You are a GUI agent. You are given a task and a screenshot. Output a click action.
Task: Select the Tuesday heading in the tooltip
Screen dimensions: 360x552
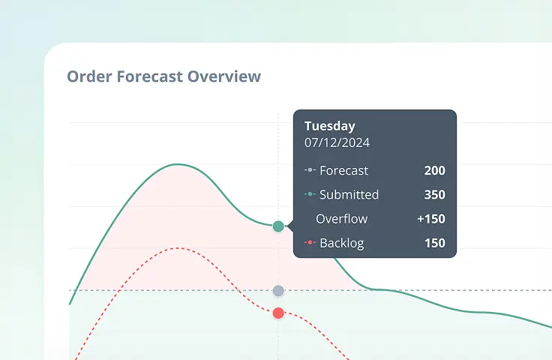click(x=329, y=126)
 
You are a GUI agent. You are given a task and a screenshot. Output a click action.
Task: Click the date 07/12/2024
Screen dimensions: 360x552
click(x=337, y=142)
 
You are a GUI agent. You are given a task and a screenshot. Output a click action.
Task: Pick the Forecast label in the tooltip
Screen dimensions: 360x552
click(x=343, y=170)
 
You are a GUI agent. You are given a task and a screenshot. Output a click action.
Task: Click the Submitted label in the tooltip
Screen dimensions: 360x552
click(x=349, y=195)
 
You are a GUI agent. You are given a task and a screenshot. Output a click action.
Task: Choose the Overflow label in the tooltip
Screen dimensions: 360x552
click(x=341, y=219)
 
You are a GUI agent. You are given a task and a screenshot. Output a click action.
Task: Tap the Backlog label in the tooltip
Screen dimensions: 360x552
click(x=342, y=243)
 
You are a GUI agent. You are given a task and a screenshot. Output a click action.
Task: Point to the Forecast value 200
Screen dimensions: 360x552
click(x=434, y=170)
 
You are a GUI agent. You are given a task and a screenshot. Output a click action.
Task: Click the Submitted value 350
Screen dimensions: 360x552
click(x=434, y=195)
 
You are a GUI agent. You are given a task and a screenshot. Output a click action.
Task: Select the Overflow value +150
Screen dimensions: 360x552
click(x=431, y=219)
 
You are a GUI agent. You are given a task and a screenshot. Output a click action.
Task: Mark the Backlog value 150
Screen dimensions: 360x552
click(x=434, y=243)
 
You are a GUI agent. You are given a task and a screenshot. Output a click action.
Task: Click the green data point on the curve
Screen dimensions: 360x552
click(x=278, y=226)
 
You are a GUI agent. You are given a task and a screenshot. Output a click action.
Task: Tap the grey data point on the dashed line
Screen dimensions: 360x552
click(x=278, y=290)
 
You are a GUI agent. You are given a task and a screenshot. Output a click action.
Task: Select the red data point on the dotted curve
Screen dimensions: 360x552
click(x=278, y=313)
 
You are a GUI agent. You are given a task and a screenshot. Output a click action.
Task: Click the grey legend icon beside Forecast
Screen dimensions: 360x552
click(x=310, y=170)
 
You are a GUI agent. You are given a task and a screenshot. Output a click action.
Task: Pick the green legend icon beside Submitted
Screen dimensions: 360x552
click(x=310, y=195)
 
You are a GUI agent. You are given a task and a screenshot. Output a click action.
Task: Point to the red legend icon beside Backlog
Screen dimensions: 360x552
click(x=310, y=243)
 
